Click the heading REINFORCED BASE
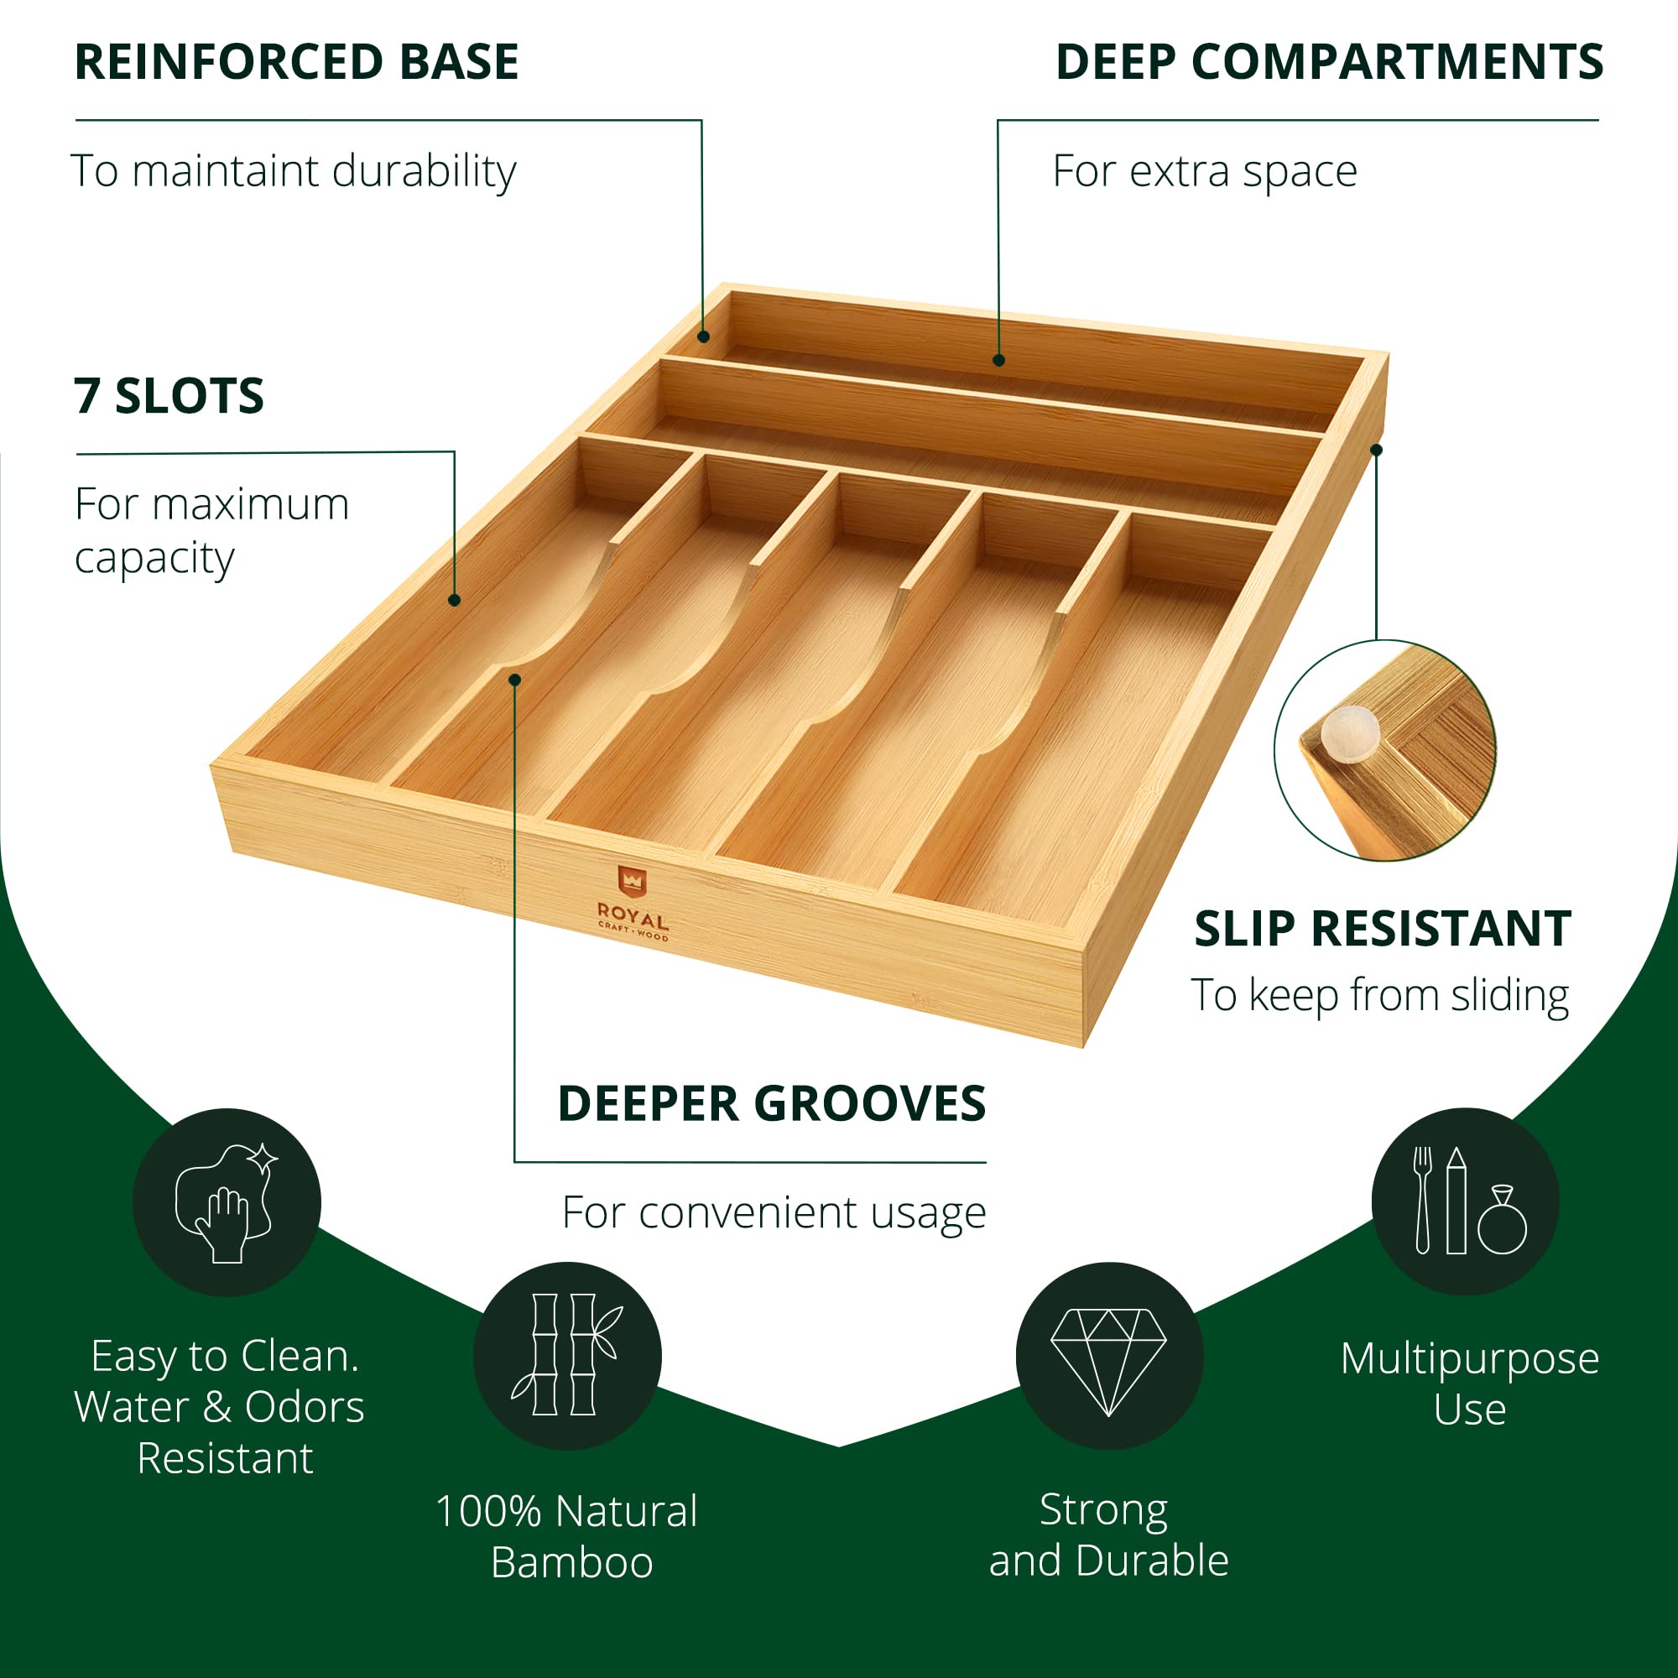(x=296, y=63)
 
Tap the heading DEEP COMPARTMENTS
(x=1329, y=63)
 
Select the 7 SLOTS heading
(x=169, y=396)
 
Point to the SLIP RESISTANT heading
(x=1383, y=930)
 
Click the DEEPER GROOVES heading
(x=771, y=1104)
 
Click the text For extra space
(x=1205, y=171)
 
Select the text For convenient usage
(x=774, y=1212)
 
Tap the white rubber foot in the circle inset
(x=1349, y=731)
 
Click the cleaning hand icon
(x=227, y=1203)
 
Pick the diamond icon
(x=1109, y=1356)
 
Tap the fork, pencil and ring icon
(x=1465, y=1202)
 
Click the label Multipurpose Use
(x=1470, y=1384)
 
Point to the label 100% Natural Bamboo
(x=568, y=1537)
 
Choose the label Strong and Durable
(x=1108, y=1535)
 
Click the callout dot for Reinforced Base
(x=704, y=336)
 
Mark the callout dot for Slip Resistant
(x=1377, y=450)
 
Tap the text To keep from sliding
(x=1379, y=995)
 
